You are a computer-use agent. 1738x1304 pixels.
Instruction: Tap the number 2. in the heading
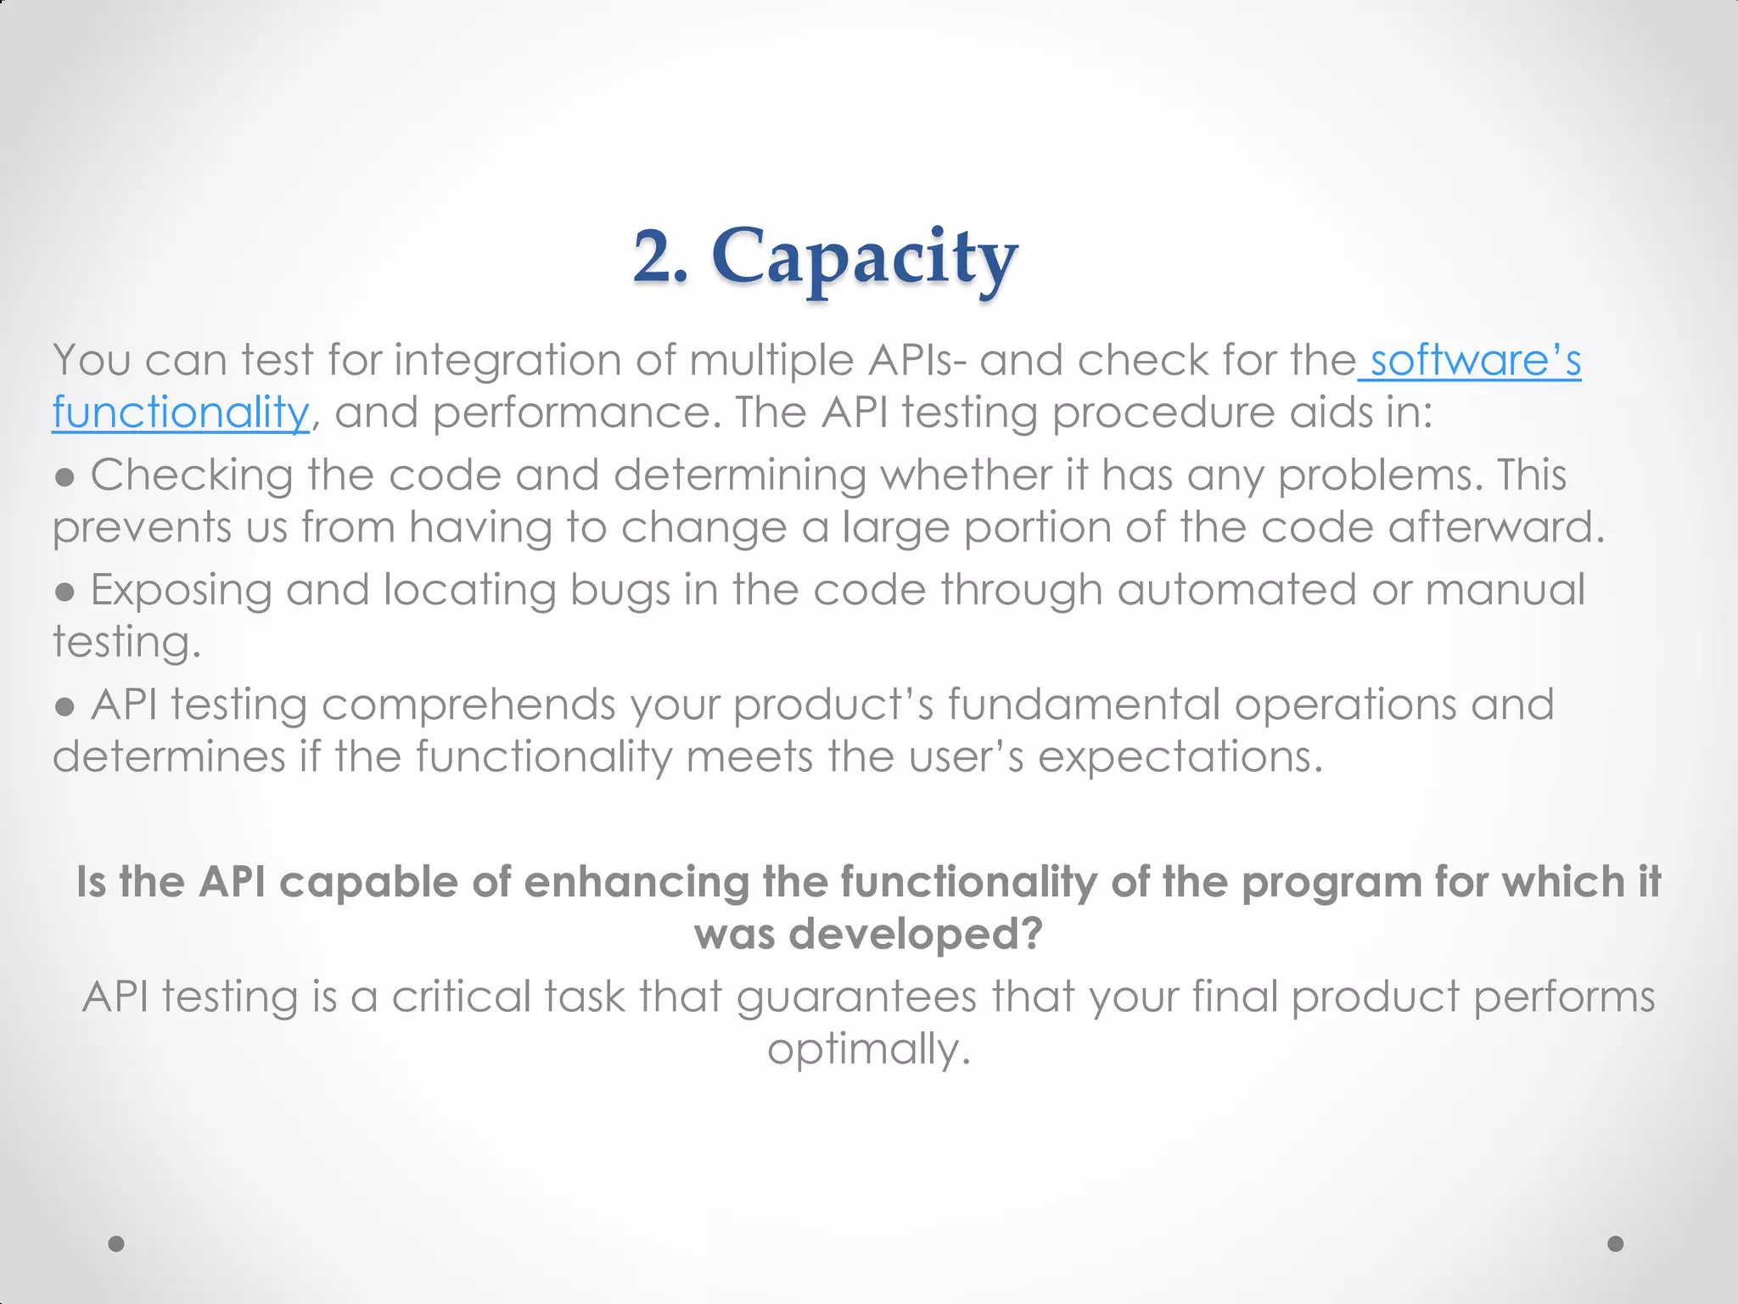[660, 256]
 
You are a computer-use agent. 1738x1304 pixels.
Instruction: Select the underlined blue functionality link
[181, 413]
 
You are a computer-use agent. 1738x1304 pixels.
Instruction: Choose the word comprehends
[468, 705]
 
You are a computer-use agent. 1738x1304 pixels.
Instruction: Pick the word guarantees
[856, 997]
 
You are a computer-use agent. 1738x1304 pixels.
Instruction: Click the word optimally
[868, 1049]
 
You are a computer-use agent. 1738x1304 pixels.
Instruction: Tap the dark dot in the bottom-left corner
[116, 1244]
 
